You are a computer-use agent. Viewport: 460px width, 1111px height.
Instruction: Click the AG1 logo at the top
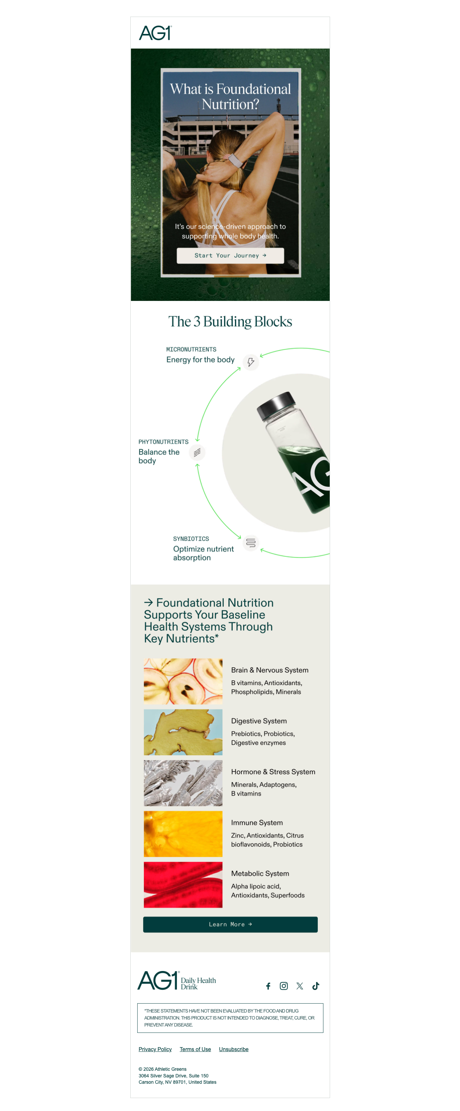[x=155, y=33]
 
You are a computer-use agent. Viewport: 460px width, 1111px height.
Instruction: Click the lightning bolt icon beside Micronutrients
[x=251, y=362]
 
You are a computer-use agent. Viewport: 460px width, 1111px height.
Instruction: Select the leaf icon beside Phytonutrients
[x=197, y=453]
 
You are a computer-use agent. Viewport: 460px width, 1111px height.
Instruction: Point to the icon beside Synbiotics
[x=251, y=543]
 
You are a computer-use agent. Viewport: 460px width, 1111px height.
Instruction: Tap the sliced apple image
[x=183, y=681]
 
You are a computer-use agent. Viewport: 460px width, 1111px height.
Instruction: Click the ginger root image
[x=183, y=732]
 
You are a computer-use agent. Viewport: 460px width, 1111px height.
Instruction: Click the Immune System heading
[x=257, y=822]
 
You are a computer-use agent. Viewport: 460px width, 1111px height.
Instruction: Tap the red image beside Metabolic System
[x=183, y=885]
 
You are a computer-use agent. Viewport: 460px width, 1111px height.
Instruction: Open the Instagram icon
[x=284, y=986]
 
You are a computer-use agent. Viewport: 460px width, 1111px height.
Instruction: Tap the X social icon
[x=299, y=986]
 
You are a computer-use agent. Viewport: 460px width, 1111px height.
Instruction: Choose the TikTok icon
[x=315, y=986]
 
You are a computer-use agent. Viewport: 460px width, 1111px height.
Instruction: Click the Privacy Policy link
[x=155, y=1049]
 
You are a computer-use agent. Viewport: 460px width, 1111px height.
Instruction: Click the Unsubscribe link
[x=233, y=1049]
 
